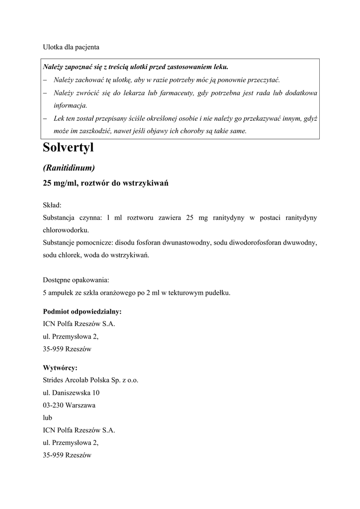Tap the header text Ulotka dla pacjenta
[71, 47]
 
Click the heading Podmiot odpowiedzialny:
[82, 312]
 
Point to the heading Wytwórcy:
[60, 368]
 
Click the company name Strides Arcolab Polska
[82, 380]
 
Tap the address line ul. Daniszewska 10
[71, 393]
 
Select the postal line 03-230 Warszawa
[69, 405]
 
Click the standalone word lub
[48, 418]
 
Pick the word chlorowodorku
[66, 230]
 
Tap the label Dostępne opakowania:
[76, 280]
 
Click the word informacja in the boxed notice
[70, 105]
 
